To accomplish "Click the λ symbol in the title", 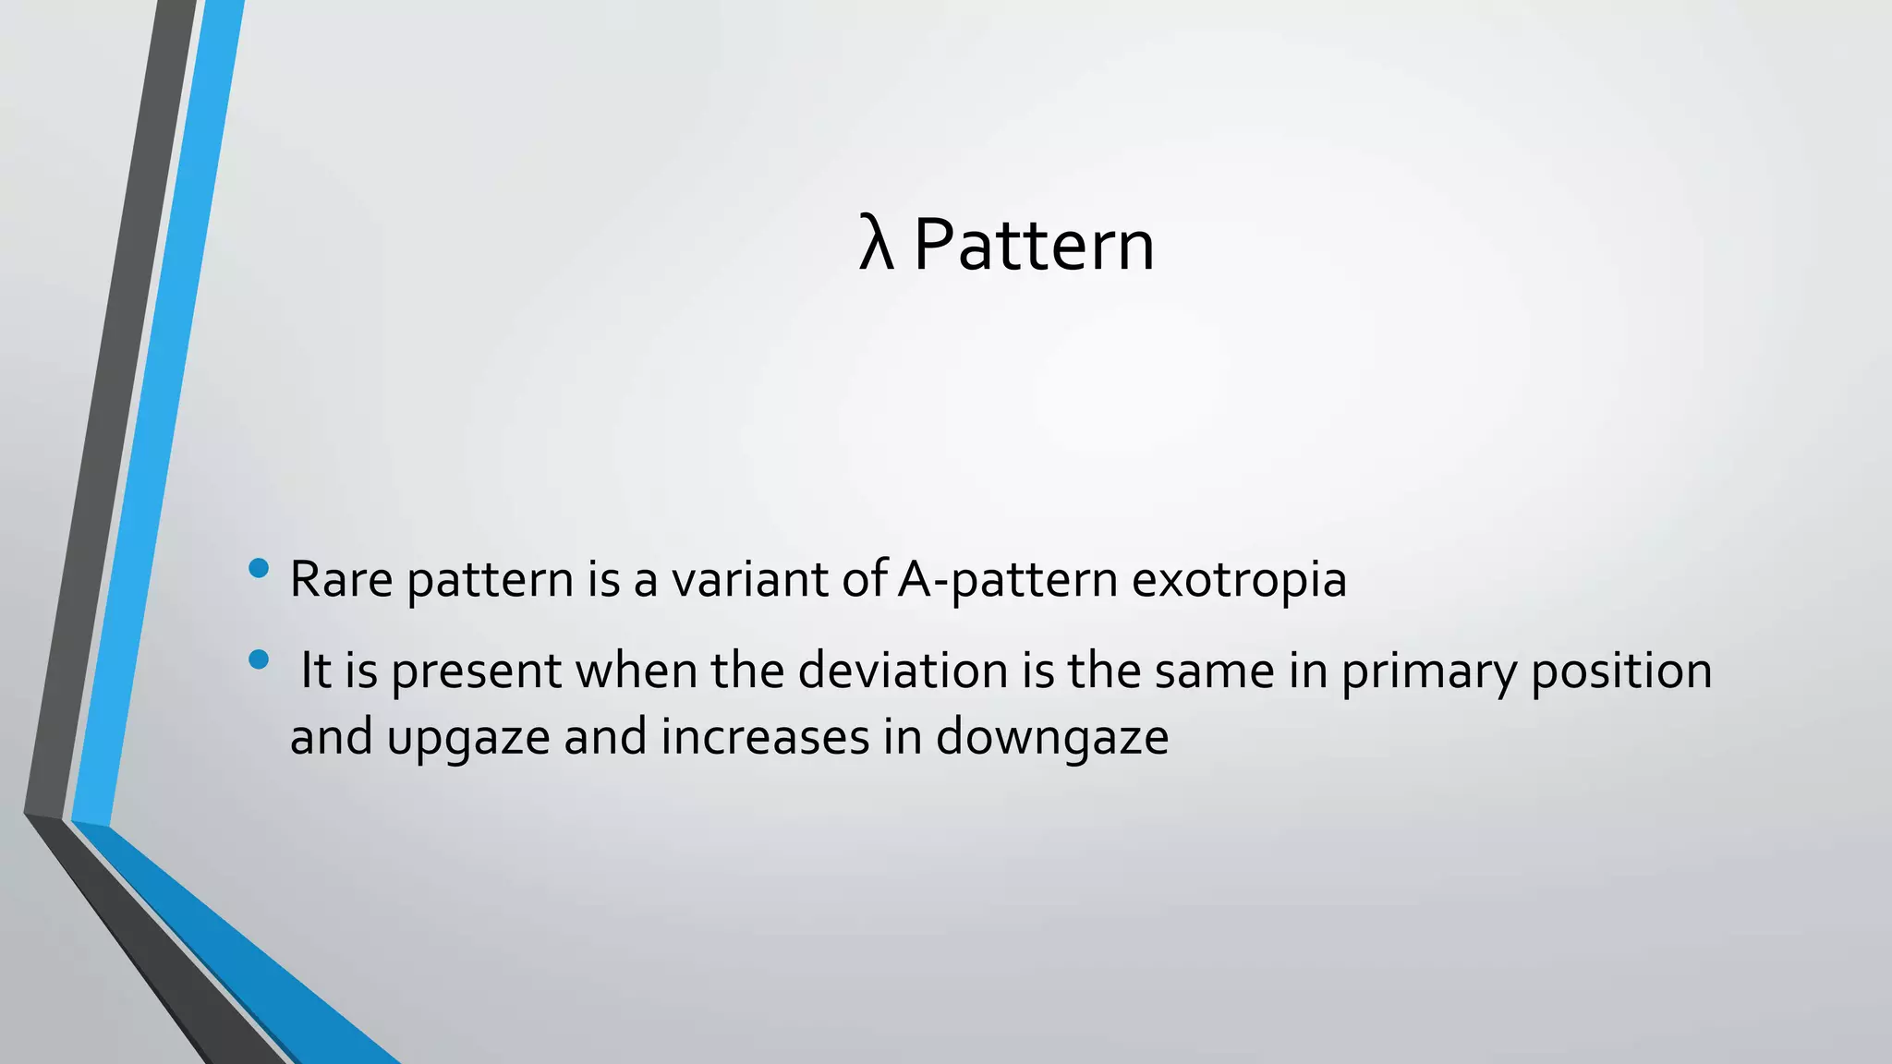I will pyautogui.click(x=876, y=245).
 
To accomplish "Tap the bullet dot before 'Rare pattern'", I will pyautogui.click(x=259, y=568).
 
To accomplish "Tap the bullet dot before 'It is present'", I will pyautogui.click(x=259, y=659).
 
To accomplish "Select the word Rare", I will pyautogui.click(x=341, y=579).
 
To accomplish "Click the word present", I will pyautogui.click(x=476, y=671).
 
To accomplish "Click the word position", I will pyautogui.click(x=1621, y=671).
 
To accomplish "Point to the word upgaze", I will pyautogui.click(x=468, y=738).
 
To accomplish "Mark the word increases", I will pyautogui.click(x=765, y=736).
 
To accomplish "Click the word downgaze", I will pyautogui.click(x=1052, y=738).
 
